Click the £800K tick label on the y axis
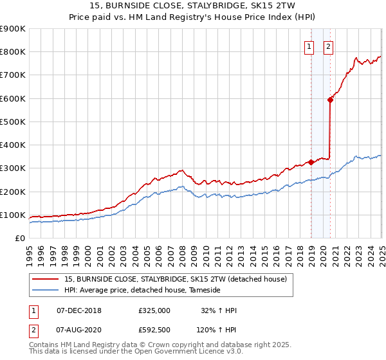click(x=13, y=52)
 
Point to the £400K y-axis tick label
click(x=13, y=145)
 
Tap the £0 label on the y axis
click(x=21, y=239)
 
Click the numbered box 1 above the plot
click(x=309, y=46)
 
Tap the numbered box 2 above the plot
click(x=328, y=46)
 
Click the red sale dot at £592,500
click(x=330, y=100)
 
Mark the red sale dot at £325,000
click(x=311, y=162)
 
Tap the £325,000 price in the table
click(x=154, y=310)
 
